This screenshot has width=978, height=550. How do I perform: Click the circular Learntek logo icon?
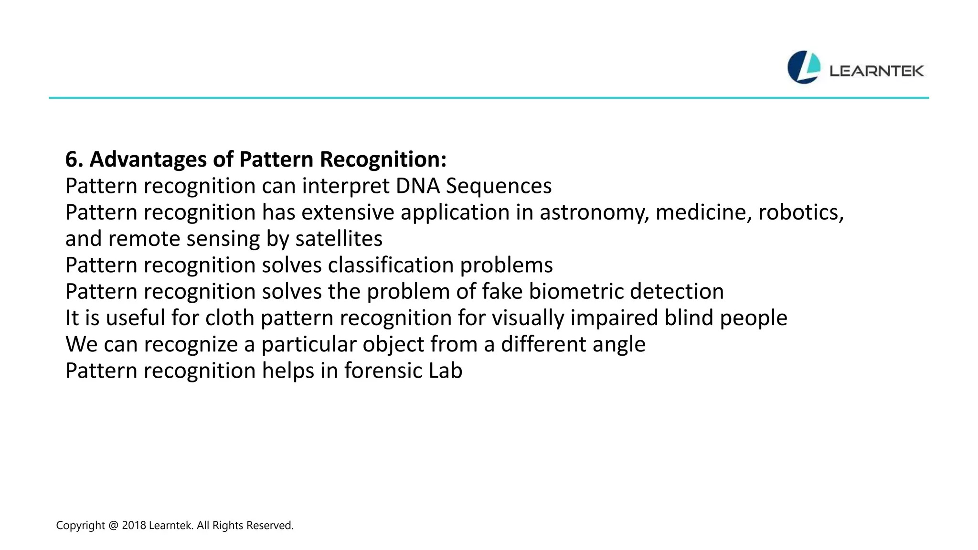click(x=804, y=67)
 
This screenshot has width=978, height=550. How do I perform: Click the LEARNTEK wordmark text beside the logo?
click(x=877, y=71)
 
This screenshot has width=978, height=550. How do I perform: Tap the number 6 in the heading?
click(x=71, y=159)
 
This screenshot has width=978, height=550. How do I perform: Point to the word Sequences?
click(x=499, y=186)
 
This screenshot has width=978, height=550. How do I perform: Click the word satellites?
click(x=339, y=239)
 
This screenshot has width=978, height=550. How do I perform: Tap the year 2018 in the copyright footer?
click(x=134, y=526)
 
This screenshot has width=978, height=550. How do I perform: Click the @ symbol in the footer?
click(x=113, y=526)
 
